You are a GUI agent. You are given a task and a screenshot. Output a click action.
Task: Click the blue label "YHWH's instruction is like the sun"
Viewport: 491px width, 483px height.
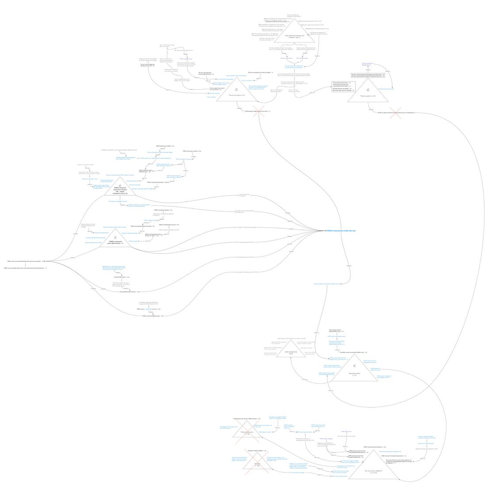[341, 231]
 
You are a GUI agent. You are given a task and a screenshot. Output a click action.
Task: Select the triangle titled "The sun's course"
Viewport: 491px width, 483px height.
[236, 93]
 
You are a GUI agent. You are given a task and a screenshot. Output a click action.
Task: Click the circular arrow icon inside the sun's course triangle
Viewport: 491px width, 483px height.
[237, 89]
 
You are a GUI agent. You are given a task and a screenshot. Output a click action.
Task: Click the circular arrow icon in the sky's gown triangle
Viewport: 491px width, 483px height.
[368, 90]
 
